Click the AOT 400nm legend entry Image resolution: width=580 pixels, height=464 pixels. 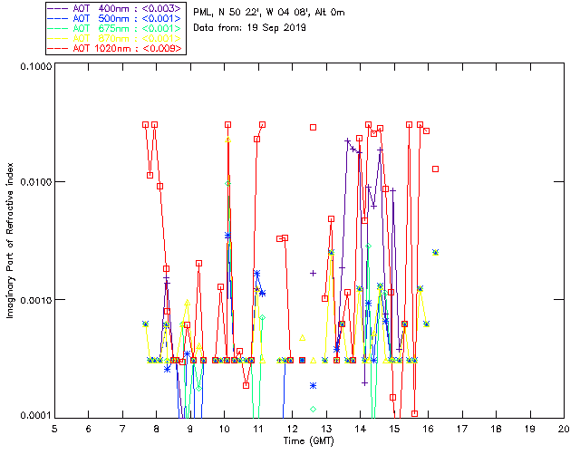tap(115, 8)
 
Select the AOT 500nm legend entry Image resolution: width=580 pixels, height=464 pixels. tap(115, 18)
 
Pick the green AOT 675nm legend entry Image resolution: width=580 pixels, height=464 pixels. tap(115, 28)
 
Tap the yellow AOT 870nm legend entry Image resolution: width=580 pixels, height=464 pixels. tap(115, 38)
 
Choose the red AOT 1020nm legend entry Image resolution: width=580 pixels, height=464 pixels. tap(115, 48)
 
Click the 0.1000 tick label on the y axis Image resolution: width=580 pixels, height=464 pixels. tap(31, 67)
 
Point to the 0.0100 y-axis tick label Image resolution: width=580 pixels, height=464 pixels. tap(31, 183)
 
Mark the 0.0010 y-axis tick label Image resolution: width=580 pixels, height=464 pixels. tap(31, 300)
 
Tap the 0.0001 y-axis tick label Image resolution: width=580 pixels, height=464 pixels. tap(31, 416)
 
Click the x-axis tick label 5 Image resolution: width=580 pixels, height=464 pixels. tap(54, 429)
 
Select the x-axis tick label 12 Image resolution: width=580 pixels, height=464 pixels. tap(292, 429)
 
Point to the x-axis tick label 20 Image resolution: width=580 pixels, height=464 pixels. tap(564, 429)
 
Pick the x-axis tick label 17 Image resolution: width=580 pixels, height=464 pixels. tap(461, 429)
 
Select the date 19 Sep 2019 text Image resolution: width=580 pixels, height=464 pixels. tap(275, 27)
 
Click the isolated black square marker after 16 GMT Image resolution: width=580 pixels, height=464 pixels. tap(436, 169)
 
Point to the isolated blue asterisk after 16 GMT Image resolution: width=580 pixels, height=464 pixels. tap(436, 252)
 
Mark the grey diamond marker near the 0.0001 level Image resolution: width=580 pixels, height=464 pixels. tap(313, 409)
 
